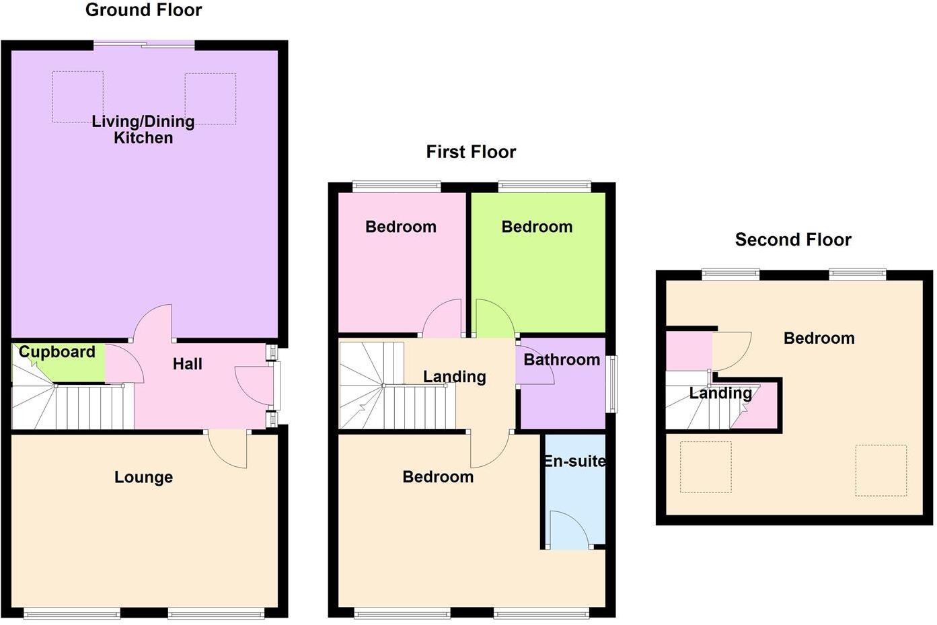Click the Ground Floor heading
point(143,10)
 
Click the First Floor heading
point(471,152)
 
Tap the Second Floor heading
point(793,240)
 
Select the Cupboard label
point(57,352)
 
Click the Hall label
point(187,364)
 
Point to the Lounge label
point(143,477)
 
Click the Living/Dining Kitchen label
point(143,129)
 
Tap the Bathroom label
point(562,360)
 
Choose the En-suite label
point(574,462)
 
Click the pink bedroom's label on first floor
point(401,227)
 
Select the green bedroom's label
point(537,227)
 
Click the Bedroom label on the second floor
point(819,338)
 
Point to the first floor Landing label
point(454,377)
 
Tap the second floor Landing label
point(720,394)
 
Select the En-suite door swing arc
point(569,528)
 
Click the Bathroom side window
point(611,383)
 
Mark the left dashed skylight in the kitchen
point(77,97)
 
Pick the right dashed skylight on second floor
point(880,470)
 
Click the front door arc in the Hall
point(252,385)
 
